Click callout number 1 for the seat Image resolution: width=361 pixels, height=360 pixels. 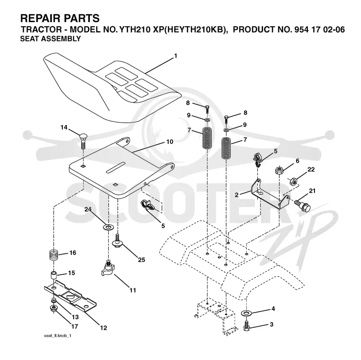(176, 56)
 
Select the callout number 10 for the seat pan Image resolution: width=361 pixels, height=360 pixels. (170, 142)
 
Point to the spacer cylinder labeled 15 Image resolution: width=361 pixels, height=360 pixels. (53, 276)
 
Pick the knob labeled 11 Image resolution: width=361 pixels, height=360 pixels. (108, 268)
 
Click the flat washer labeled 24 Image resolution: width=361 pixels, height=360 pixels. (108, 227)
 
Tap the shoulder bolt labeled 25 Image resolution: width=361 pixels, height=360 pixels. (117, 241)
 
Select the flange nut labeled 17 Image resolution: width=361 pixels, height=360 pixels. (53, 309)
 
